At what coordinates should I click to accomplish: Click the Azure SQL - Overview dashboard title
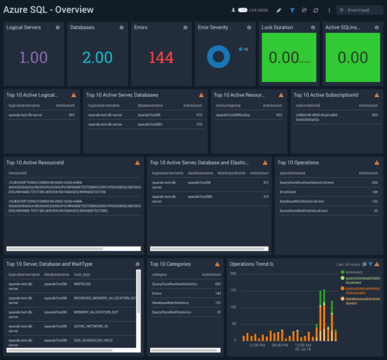click(48, 10)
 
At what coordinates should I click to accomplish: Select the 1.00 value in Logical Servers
click(33, 58)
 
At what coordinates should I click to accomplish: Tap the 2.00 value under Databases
click(98, 58)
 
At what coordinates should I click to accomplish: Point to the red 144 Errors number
click(161, 58)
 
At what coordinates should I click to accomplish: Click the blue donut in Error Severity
click(219, 57)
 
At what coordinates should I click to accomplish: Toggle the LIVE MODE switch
click(243, 10)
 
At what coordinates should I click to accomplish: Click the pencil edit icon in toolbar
click(279, 10)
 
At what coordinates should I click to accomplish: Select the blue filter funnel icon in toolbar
click(292, 10)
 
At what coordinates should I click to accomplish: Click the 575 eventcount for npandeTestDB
click(199, 115)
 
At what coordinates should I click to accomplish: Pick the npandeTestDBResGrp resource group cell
click(233, 115)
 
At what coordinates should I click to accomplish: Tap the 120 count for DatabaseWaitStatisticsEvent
click(375, 201)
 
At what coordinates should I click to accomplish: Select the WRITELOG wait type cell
click(82, 284)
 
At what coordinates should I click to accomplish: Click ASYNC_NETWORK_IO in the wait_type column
click(91, 326)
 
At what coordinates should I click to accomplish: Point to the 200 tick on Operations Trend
click(234, 274)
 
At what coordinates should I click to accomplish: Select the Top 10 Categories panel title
click(170, 264)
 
